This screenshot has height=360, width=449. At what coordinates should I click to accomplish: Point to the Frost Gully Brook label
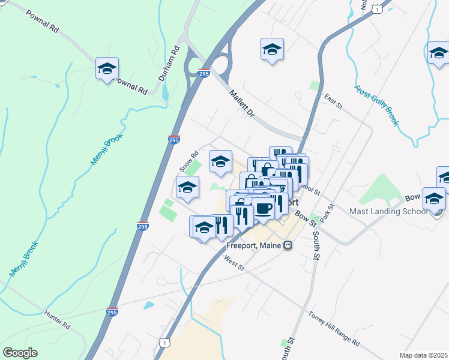[376, 106]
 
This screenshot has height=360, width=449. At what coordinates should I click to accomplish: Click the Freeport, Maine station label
[255, 245]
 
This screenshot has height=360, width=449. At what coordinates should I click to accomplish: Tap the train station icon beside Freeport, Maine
[289, 245]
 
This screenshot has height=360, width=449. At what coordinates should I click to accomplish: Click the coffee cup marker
[263, 209]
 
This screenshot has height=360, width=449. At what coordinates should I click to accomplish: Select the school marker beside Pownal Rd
[107, 69]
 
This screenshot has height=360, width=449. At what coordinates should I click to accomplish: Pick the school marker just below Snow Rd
[187, 188]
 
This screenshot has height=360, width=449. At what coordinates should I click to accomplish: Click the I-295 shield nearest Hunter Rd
[112, 313]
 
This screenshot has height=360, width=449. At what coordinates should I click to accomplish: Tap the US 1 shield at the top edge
[376, 8]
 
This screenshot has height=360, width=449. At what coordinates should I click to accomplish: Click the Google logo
[20, 353]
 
